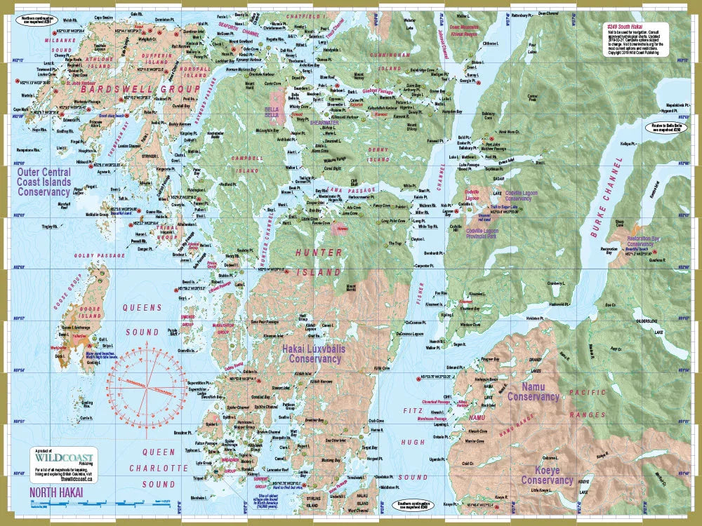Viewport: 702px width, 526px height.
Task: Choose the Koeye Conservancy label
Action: pyautogui.click(x=547, y=476)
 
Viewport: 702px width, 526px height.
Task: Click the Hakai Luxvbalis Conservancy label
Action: pyautogui.click(x=317, y=353)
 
